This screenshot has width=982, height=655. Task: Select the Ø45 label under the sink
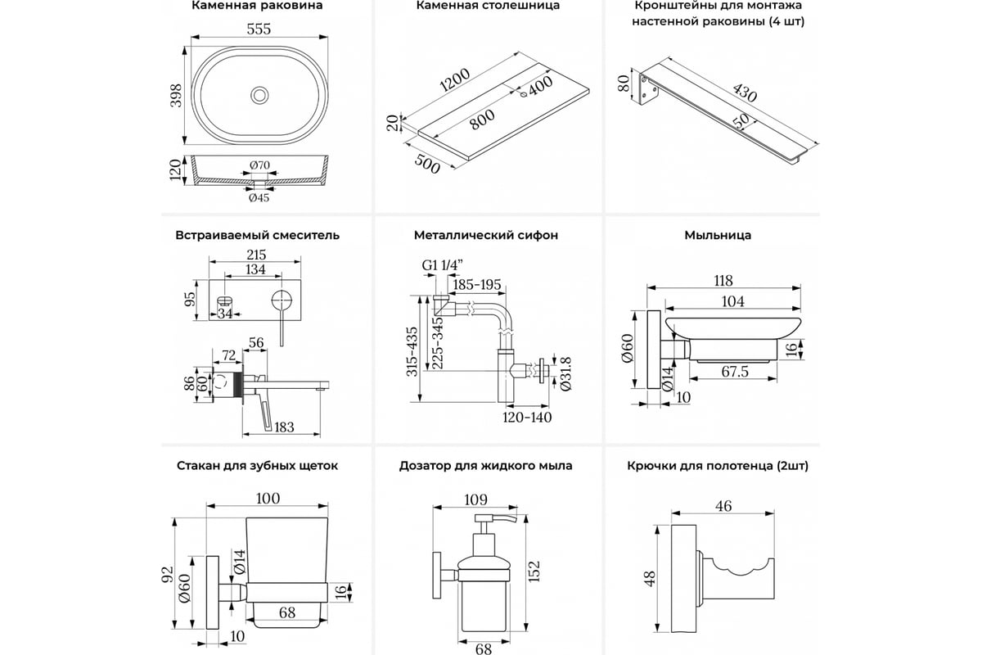pos(259,196)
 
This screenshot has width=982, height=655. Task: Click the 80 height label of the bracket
pos(623,84)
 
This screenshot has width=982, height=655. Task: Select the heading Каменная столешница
pos(488,6)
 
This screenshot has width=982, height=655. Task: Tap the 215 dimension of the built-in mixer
pos(257,255)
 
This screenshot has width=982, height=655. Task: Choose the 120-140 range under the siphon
pos(527,418)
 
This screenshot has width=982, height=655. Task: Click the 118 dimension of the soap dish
pos(723,280)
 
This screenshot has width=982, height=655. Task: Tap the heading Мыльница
pos(718,236)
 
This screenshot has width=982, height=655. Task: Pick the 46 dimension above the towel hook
pos(723,506)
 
